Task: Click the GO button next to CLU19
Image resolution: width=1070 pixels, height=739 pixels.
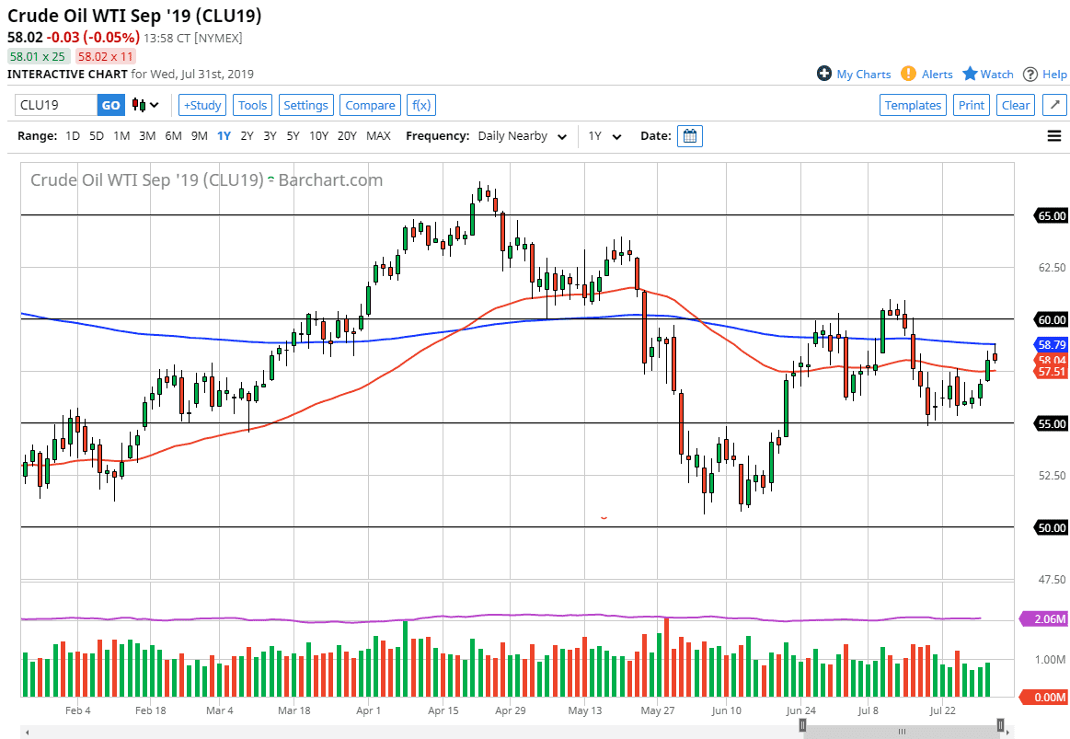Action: pos(110,105)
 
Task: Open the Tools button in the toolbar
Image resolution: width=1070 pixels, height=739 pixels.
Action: pos(252,105)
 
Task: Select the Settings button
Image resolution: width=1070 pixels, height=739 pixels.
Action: pos(305,105)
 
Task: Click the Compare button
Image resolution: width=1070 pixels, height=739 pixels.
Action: pos(370,105)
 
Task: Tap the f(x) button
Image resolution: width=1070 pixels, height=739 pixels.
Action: pos(420,105)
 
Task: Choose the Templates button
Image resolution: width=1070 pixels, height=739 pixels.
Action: pos(913,105)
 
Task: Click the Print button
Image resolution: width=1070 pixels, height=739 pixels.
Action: pos(971,105)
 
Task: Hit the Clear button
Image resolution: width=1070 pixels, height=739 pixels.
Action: pos(1016,105)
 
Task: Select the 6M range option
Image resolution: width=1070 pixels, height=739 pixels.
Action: pos(173,136)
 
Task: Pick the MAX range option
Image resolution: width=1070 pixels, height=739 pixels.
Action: pos(378,136)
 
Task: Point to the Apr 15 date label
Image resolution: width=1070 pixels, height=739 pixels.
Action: pos(443,710)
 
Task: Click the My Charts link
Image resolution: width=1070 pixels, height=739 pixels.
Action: pos(854,75)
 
